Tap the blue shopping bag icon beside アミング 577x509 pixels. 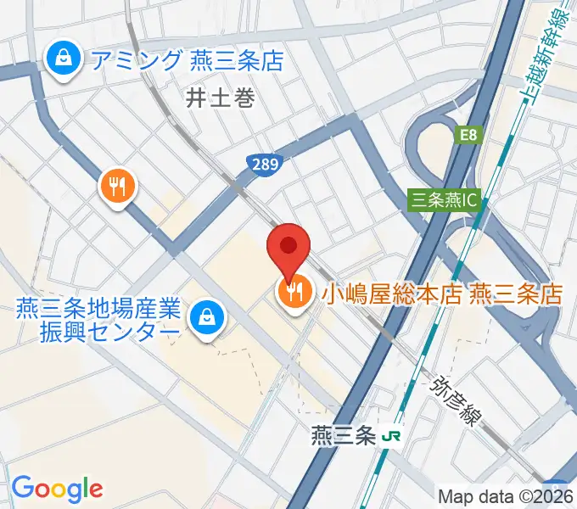(63, 59)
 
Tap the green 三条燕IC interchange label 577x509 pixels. (445, 201)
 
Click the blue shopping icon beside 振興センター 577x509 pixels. (205, 319)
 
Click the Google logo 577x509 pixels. (57, 488)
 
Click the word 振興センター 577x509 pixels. (109, 332)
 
